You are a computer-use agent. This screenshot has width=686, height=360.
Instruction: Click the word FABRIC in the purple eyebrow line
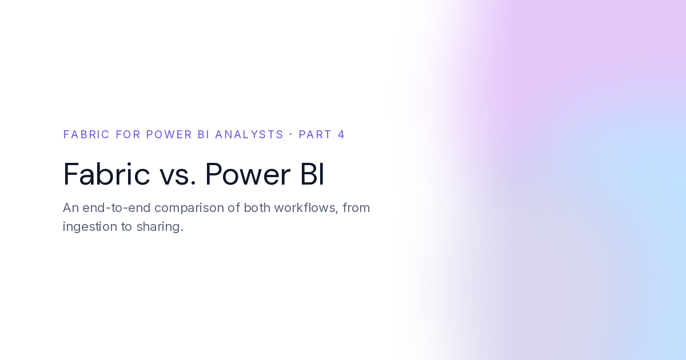tap(86, 134)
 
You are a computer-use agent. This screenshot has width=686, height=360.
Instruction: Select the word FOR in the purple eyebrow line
tap(128, 134)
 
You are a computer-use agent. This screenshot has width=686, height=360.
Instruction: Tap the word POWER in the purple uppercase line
tap(169, 134)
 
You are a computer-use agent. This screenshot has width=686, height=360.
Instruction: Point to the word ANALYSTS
tap(249, 134)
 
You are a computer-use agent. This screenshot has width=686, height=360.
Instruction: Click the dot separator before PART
tap(290, 134)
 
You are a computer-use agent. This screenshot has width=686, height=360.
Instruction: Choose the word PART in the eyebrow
tap(315, 134)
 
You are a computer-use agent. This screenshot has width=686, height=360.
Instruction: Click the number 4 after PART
tap(341, 134)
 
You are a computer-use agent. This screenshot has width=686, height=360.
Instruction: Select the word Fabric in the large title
tap(106, 174)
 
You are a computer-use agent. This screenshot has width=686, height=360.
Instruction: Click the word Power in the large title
tap(248, 174)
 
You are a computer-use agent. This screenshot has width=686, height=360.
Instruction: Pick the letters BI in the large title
tap(312, 174)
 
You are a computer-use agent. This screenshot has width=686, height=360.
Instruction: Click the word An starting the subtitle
tap(71, 207)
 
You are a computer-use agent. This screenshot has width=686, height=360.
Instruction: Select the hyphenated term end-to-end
tap(117, 207)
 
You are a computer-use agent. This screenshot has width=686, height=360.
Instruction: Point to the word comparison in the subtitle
tap(189, 209)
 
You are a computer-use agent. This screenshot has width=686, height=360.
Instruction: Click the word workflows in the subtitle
tap(306, 207)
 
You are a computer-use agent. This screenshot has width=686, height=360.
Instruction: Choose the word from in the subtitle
tap(356, 207)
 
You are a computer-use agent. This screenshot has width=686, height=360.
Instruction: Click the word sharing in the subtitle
tap(160, 227)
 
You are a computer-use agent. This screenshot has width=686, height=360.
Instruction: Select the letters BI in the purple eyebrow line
tap(204, 134)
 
